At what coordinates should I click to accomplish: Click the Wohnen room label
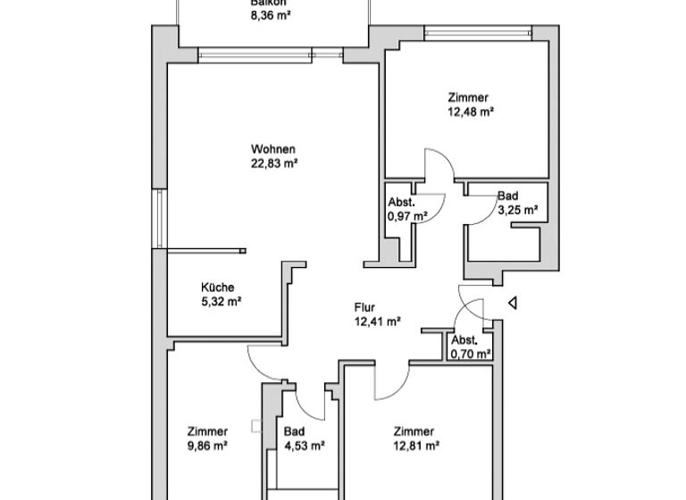click(x=273, y=149)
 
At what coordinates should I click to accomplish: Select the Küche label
click(x=218, y=287)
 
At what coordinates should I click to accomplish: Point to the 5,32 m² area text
click(x=221, y=302)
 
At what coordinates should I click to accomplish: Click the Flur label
click(x=365, y=308)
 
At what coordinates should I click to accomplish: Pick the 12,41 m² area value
click(x=376, y=322)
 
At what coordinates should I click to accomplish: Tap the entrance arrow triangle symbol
click(x=512, y=304)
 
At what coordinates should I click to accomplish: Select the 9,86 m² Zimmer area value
click(x=207, y=445)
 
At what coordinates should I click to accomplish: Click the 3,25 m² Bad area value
click(x=516, y=211)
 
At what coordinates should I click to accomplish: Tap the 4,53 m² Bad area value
click(x=304, y=445)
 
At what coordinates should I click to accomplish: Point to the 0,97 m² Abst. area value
click(x=407, y=216)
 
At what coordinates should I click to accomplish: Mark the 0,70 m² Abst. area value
click(x=471, y=354)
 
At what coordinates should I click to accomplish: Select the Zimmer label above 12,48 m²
click(x=468, y=97)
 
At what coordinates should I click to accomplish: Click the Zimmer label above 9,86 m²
click(x=207, y=430)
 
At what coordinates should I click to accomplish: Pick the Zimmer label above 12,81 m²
click(x=414, y=430)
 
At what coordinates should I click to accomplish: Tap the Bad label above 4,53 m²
click(x=294, y=430)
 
